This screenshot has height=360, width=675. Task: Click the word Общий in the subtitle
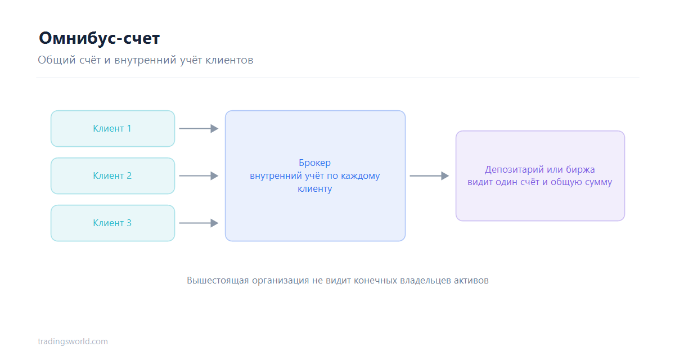pyautogui.click(x=57, y=60)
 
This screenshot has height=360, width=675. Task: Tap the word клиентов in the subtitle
pyautogui.click(x=229, y=60)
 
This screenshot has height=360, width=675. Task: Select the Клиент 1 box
pyautogui.click(x=112, y=129)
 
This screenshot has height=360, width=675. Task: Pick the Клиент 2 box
pyautogui.click(x=112, y=176)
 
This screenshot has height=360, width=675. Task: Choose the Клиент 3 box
pyautogui.click(x=112, y=223)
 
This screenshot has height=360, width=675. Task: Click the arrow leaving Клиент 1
pyautogui.click(x=199, y=129)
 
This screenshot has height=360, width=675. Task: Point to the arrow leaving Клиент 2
pyautogui.click(x=199, y=176)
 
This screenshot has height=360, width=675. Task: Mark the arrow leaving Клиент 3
pyautogui.click(x=199, y=223)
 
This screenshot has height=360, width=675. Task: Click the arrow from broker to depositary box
pyautogui.click(x=429, y=176)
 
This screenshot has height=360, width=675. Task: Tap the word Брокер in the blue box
pyautogui.click(x=314, y=163)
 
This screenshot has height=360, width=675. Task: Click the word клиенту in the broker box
pyautogui.click(x=315, y=189)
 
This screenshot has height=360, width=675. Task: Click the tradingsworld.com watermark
pyautogui.click(x=73, y=341)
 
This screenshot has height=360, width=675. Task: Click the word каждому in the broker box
pyautogui.click(x=360, y=176)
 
